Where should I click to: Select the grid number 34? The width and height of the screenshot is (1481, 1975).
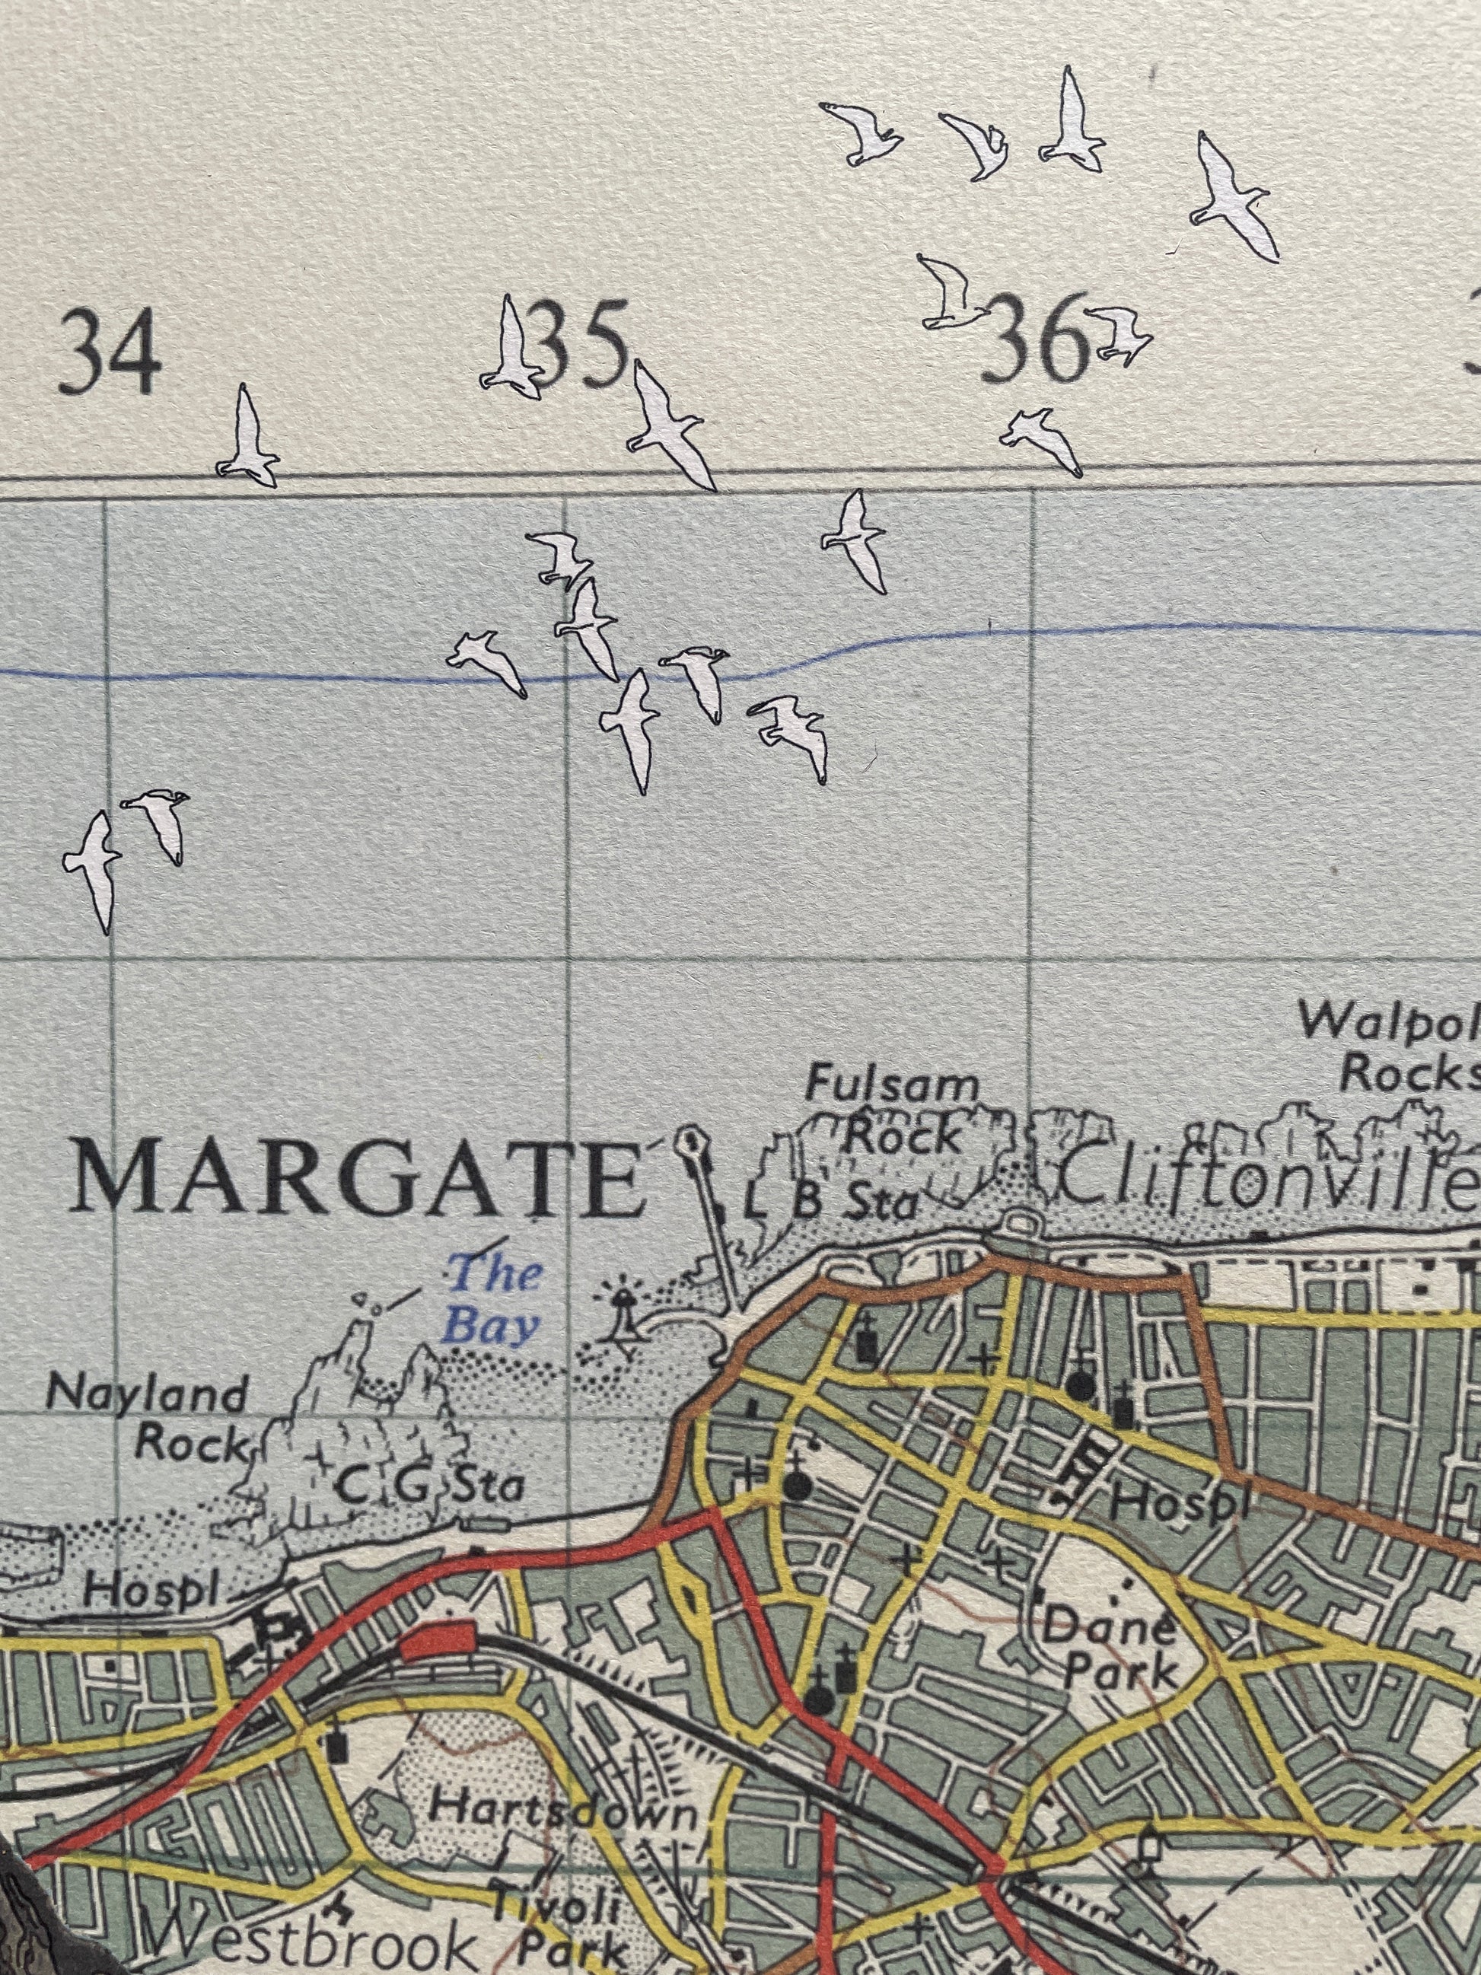point(110,355)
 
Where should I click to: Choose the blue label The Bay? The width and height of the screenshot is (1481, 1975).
point(494,1298)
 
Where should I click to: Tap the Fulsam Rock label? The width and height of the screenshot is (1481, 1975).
point(893,1112)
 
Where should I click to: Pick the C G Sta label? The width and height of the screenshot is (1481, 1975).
point(432,1486)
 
